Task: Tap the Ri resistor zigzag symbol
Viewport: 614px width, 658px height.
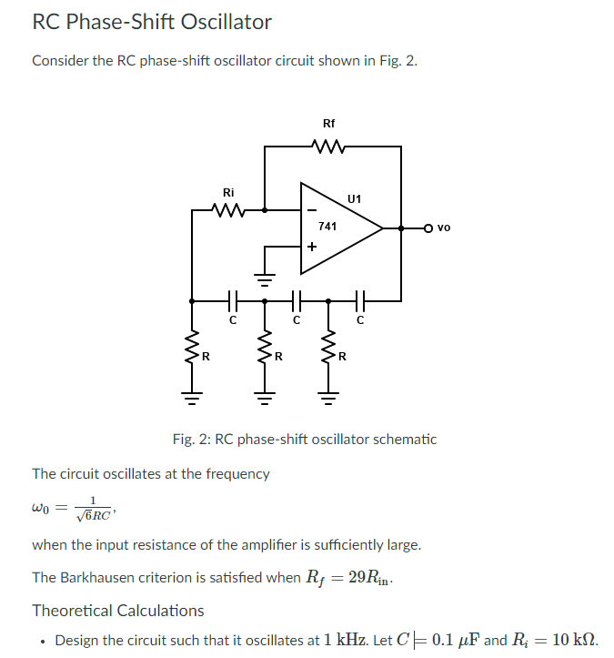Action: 228,210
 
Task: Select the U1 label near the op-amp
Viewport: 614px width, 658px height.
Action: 354,198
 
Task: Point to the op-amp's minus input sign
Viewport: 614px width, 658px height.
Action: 310,210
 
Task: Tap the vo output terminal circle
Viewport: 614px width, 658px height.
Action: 428,228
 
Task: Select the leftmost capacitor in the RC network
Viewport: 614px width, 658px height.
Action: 232,299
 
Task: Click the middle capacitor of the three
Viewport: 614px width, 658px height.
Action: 296,299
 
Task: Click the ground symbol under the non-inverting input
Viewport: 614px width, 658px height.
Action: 264,278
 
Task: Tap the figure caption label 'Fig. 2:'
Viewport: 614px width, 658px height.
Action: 190,439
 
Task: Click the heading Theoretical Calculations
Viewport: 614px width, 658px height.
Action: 118,610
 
